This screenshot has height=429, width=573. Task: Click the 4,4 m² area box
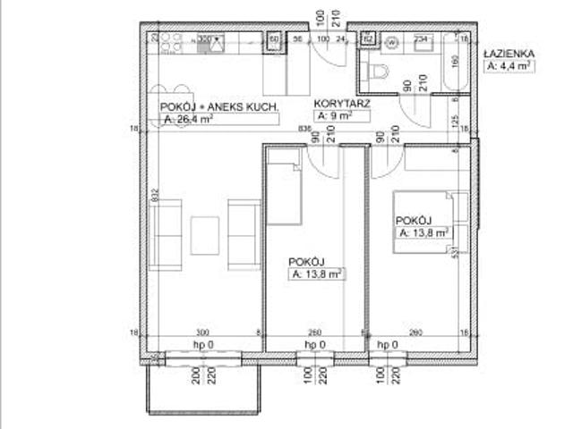[x=510, y=66]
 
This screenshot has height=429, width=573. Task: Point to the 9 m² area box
[x=333, y=116]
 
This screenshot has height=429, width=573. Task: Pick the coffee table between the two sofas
[x=205, y=234]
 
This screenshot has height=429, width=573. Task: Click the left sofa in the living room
[x=167, y=235]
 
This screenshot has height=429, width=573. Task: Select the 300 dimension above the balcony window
[x=202, y=332]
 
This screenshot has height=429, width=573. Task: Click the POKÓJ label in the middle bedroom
[x=305, y=262]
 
